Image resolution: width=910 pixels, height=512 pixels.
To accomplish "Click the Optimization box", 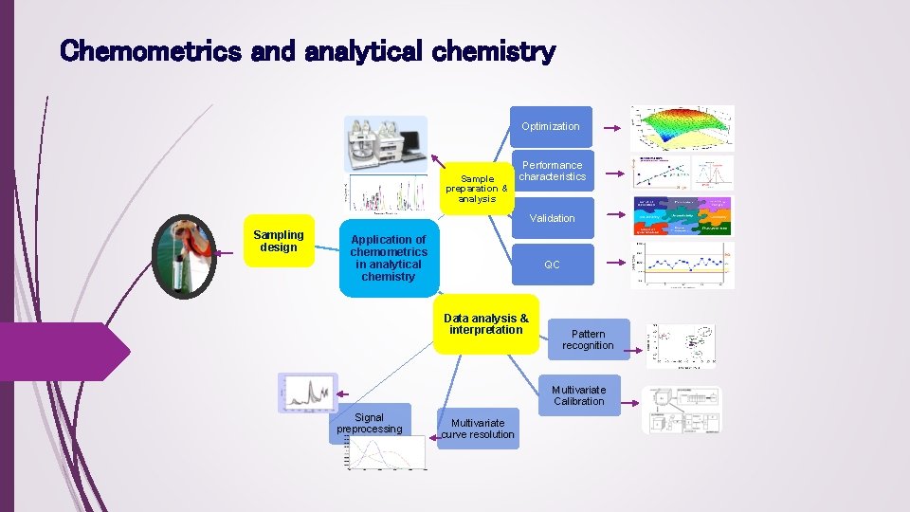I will [x=551, y=126].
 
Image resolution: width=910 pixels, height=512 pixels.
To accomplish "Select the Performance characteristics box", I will [x=553, y=172].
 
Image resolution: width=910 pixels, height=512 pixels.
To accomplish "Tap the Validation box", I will [x=552, y=218].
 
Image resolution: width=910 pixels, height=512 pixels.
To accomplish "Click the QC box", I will [x=552, y=265].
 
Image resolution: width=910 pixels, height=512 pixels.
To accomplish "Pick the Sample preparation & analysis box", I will [x=477, y=187].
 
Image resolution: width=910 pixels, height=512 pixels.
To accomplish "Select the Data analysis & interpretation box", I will [x=485, y=325].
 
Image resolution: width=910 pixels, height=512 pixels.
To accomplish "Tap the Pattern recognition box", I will [x=588, y=339].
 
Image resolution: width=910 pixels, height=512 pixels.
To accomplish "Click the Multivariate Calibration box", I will [x=578, y=395].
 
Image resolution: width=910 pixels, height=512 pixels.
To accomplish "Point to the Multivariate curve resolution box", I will [x=478, y=429].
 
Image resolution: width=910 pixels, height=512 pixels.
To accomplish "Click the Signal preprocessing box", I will [x=369, y=423].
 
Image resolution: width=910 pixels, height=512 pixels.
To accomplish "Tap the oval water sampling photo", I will [x=185, y=257].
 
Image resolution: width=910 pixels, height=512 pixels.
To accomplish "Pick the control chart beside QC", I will [x=682, y=265].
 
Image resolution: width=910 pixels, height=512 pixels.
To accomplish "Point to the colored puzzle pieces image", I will [x=682, y=217].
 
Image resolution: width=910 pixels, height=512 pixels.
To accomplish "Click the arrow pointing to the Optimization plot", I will [x=614, y=126].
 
